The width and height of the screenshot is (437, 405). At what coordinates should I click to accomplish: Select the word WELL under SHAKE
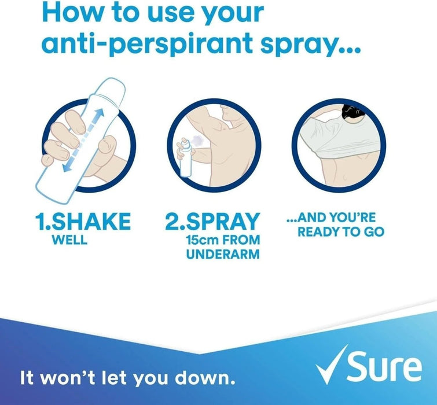pyautogui.click(x=68, y=240)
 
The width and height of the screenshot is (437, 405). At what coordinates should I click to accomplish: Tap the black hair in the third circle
pyautogui.click(x=348, y=111)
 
